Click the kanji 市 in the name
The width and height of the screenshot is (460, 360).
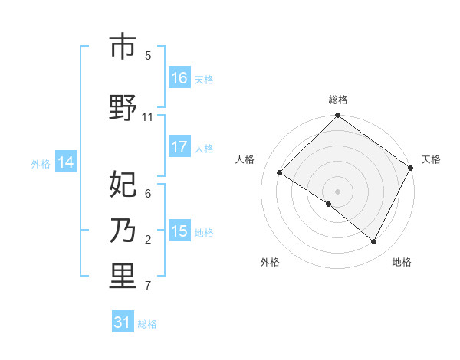click(x=123, y=47)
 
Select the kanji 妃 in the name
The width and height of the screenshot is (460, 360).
click(x=123, y=185)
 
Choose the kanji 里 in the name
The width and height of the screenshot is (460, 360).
click(x=123, y=277)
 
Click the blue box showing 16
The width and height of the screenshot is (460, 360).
click(x=179, y=78)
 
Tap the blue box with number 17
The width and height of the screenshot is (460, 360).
click(x=179, y=147)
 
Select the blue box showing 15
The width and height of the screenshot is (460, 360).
click(x=179, y=231)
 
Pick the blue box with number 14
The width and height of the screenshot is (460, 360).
click(x=66, y=162)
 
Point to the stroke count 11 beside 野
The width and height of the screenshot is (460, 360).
click(x=148, y=117)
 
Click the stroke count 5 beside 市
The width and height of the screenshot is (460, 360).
click(x=148, y=56)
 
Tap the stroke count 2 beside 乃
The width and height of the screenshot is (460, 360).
click(x=148, y=240)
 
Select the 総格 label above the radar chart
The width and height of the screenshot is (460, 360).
click(x=338, y=100)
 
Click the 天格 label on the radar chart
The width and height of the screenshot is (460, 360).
click(x=431, y=159)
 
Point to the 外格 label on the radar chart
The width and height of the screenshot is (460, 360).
click(x=270, y=262)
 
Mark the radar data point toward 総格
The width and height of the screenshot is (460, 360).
click(x=338, y=116)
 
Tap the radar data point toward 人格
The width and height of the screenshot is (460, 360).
click(x=280, y=172)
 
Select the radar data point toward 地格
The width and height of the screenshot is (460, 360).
click(x=374, y=241)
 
